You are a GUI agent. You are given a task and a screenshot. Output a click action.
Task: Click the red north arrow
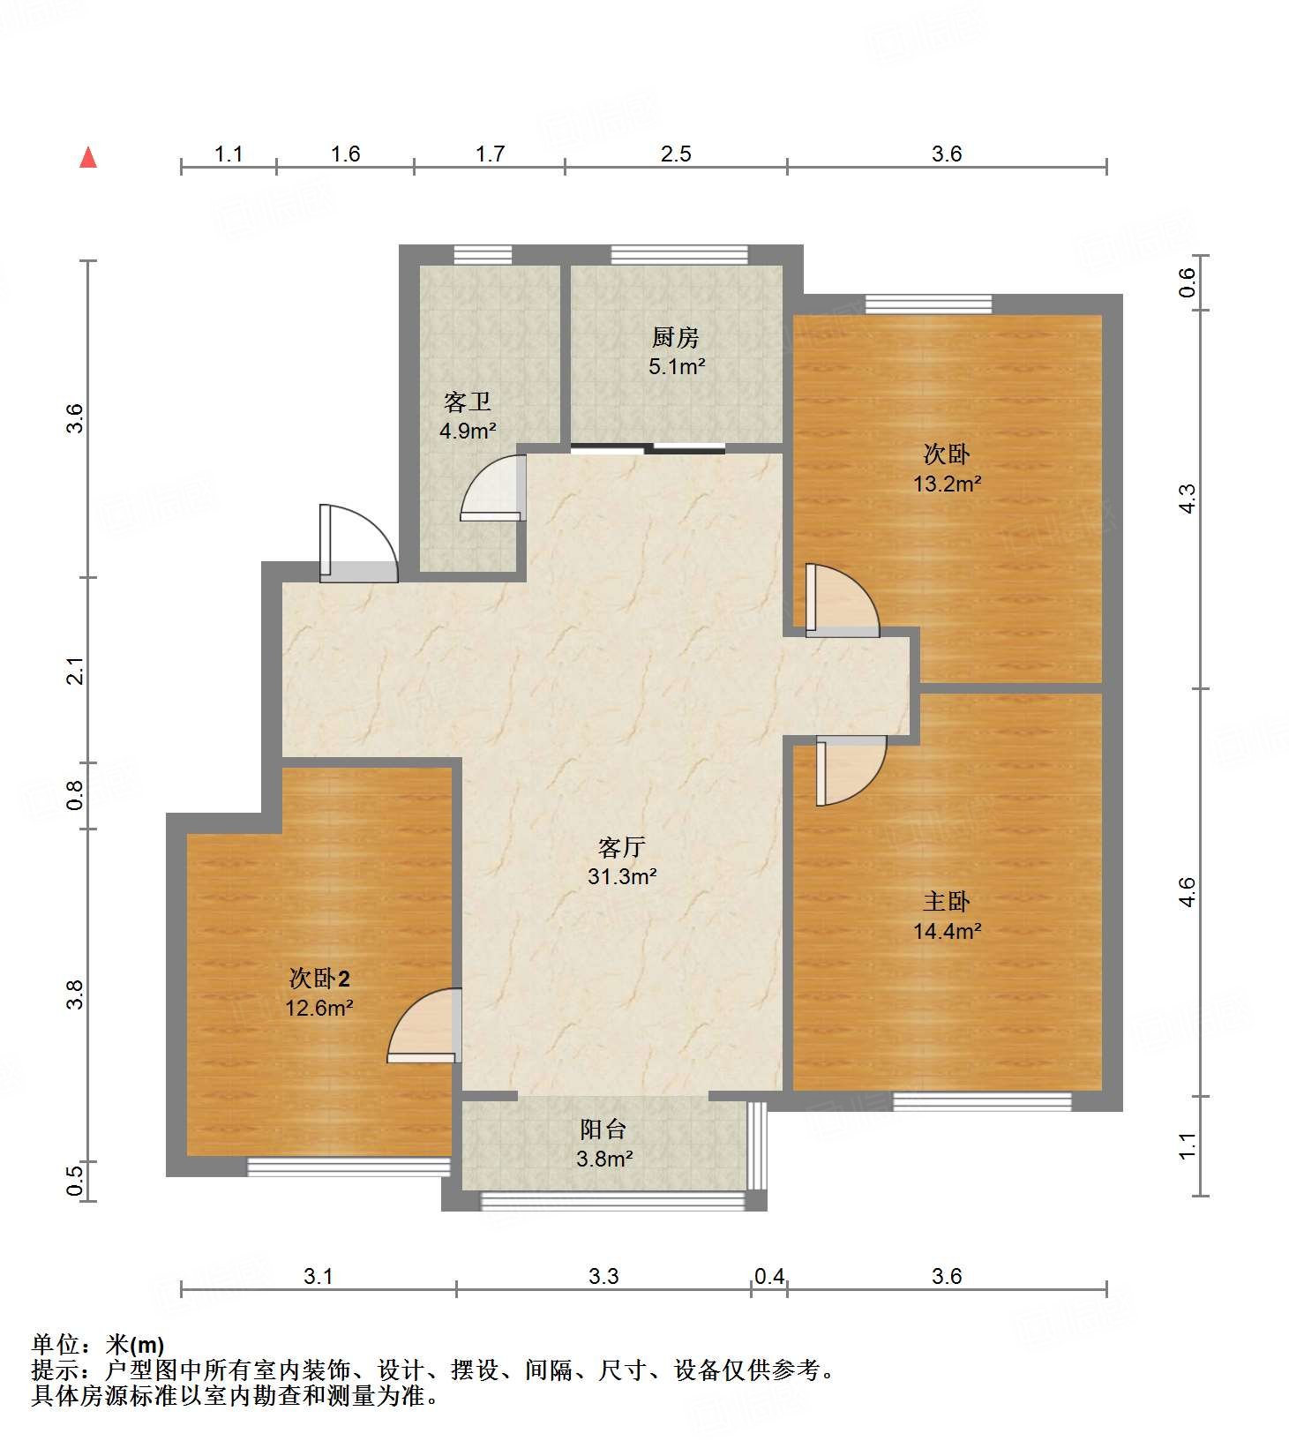coord(88,157)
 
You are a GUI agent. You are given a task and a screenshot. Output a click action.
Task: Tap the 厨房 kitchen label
coord(676,337)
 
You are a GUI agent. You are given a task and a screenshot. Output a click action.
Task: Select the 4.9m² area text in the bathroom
coord(468,432)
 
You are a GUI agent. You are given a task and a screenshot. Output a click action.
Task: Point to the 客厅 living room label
coord(622,847)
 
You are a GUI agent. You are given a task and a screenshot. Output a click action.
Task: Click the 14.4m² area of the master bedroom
coord(948,931)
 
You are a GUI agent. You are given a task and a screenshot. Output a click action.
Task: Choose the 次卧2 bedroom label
coord(319,978)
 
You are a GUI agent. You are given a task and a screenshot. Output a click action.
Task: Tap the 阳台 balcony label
coord(603,1130)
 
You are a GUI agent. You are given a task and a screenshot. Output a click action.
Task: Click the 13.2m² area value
coord(948,484)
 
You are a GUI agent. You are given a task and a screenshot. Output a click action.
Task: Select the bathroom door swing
coord(493,487)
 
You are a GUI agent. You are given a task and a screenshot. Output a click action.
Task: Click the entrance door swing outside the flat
coord(358,543)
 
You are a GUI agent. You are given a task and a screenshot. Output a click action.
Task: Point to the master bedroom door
coord(851,770)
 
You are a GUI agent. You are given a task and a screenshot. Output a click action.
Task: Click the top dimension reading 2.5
coord(676,154)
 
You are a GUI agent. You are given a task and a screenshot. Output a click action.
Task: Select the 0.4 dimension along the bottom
coord(769,1276)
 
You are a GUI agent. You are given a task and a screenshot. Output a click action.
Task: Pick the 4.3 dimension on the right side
coord(1188,499)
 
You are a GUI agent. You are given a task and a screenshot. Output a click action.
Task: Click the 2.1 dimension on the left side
coord(77,671)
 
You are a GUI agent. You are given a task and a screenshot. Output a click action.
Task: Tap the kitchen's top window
coord(679,255)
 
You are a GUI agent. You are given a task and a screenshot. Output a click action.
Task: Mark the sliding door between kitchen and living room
coord(648,448)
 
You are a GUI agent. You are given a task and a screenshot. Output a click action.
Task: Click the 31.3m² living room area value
coord(622,876)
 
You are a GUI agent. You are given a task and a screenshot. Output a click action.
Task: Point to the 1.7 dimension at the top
coord(490,154)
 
